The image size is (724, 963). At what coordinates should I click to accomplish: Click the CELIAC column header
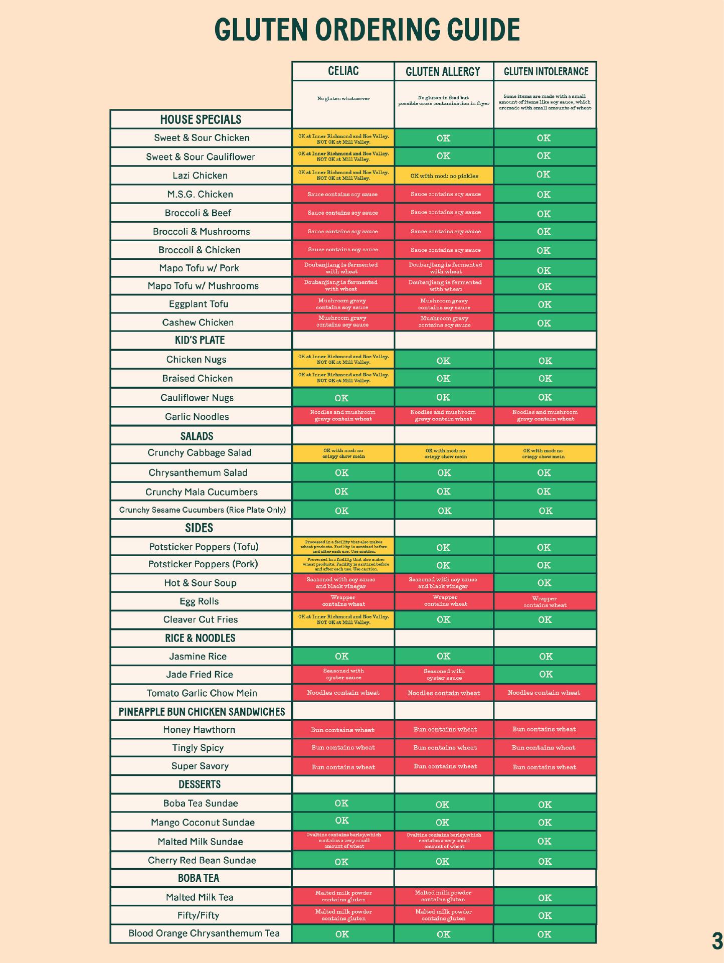click(x=343, y=71)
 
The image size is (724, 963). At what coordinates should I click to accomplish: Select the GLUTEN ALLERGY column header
click(x=443, y=71)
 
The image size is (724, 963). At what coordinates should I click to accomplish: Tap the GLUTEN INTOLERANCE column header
click(x=546, y=71)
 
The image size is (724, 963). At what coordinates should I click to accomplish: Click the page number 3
click(x=716, y=941)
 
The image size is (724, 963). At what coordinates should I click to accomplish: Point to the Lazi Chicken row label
click(x=200, y=176)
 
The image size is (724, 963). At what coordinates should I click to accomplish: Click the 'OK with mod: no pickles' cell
click(x=444, y=176)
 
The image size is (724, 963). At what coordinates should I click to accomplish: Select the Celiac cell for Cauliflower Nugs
click(x=342, y=398)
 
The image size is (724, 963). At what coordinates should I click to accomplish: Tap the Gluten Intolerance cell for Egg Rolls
click(x=545, y=601)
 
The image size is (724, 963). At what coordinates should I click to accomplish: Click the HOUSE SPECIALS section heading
click(x=201, y=119)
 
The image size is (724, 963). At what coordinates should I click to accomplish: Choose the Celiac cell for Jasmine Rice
click(x=342, y=656)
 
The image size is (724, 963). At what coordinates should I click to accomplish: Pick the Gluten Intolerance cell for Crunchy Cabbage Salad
click(x=545, y=453)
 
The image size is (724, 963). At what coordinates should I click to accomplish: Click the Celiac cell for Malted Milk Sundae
click(x=343, y=841)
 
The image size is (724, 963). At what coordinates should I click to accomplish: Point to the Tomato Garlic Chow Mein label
click(x=202, y=693)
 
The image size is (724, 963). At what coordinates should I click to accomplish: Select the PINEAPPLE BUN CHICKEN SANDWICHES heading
click(x=202, y=712)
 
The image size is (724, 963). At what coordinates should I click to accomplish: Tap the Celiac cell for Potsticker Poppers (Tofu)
click(x=343, y=547)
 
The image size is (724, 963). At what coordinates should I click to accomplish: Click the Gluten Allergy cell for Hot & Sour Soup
click(x=443, y=583)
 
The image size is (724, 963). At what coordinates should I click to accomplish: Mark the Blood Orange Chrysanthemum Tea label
click(x=204, y=933)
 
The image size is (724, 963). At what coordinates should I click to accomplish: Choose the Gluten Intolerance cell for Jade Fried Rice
click(x=545, y=675)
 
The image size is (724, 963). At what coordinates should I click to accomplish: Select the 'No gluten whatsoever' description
click(x=343, y=99)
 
